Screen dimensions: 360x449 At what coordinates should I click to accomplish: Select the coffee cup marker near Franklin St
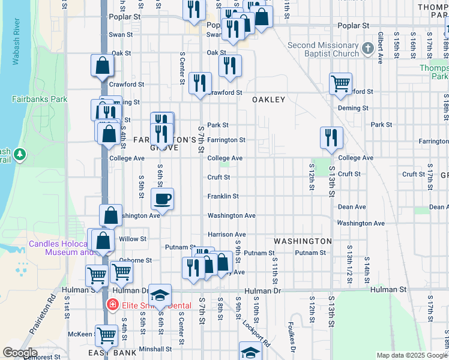[162, 197]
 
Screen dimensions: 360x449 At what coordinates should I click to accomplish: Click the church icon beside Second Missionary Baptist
[369, 47]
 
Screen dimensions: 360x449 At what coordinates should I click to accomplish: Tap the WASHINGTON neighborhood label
[303, 241]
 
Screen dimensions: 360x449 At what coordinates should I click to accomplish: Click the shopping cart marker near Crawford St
[340, 83]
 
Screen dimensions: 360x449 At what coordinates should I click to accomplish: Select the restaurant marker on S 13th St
[331, 137]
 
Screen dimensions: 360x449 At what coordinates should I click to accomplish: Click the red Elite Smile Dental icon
[112, 305]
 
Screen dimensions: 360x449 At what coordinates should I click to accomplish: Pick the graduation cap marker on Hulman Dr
[160, 295]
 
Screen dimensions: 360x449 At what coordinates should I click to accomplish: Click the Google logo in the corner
[20, 353]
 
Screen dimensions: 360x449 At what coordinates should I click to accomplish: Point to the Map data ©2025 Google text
[412, 355]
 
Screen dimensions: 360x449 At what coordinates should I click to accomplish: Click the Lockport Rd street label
[255, 328]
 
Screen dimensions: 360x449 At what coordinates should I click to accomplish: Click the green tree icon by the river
[20, 154]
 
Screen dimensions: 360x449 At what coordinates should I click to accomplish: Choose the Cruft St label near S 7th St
[219, 177]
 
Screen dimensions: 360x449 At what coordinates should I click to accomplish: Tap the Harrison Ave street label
[227, 235]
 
